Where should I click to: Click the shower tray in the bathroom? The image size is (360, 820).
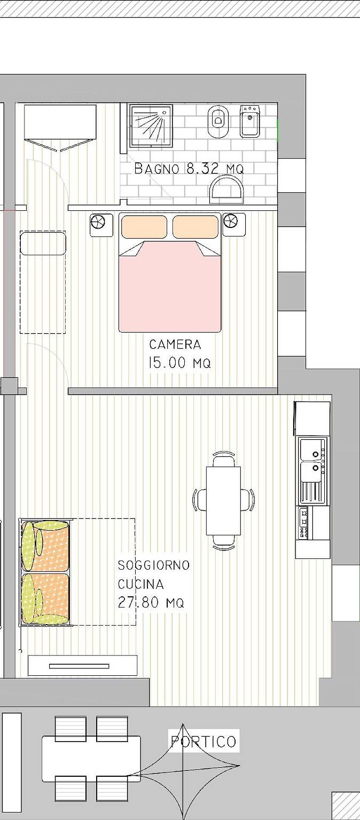tap(152, 124)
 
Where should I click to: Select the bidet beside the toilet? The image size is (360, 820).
tap(249, 121)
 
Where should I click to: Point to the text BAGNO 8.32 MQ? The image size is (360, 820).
tap(189, 169)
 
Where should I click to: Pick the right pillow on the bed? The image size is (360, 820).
tap(195, 226)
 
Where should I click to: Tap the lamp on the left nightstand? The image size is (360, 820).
tap(98, 221)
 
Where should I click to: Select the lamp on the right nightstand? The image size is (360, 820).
tap(230, 220)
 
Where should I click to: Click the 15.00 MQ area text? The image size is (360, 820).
tap(179, 363)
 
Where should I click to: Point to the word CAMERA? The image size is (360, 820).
tap(175, 344)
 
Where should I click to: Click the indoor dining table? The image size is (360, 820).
tap(223, 500)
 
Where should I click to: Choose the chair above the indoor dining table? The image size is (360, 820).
tap(223, 459)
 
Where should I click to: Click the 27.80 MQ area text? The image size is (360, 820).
tap(151, 603)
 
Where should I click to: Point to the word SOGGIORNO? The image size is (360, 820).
tap(154, 565)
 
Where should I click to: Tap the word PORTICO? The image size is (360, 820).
tap(204, 742)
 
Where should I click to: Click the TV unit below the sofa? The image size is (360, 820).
tap(82, 666)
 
